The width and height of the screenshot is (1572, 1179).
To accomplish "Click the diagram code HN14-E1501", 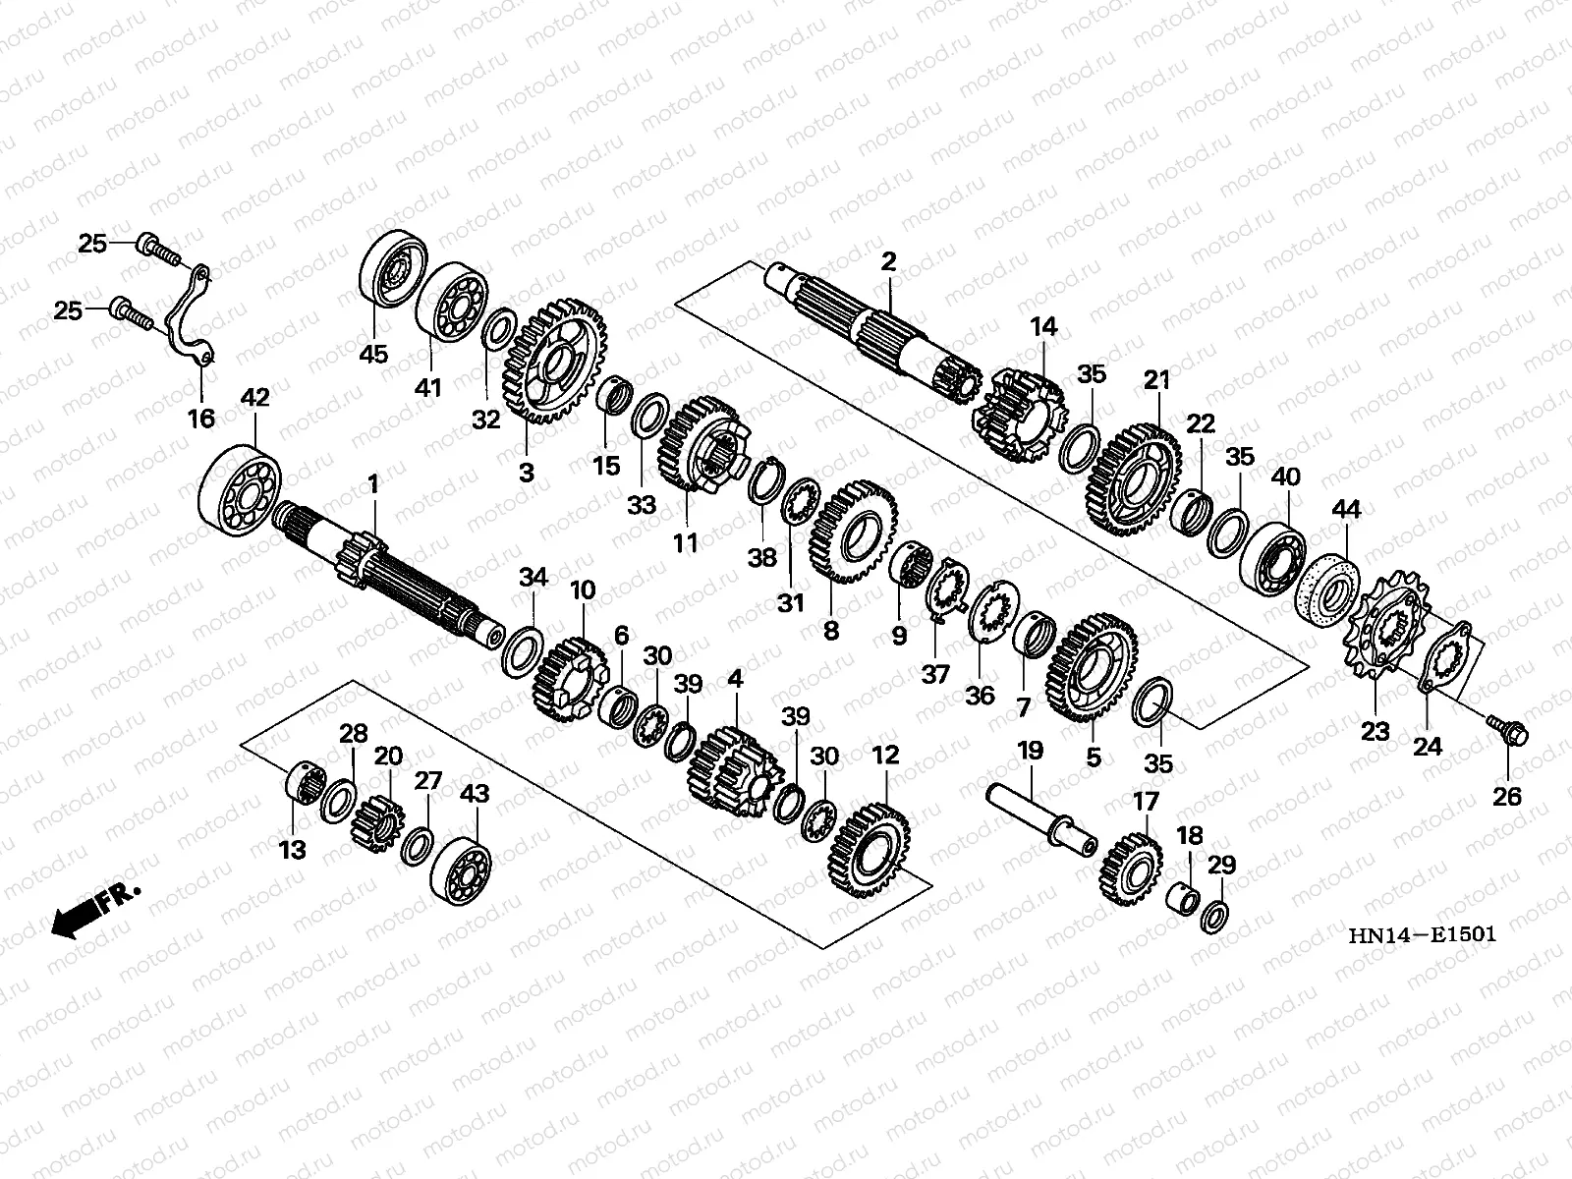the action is point(1423,935).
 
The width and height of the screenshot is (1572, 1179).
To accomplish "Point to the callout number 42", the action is point(254,397).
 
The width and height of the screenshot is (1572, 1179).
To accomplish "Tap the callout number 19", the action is point(1030,751).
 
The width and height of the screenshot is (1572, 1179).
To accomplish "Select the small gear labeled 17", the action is point(1130,869).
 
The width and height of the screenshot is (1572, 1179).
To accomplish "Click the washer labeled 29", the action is point(1214,918).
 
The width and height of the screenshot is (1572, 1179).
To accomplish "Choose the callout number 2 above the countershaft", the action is point(888,261).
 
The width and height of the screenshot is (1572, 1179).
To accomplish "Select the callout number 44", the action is point(1346,509).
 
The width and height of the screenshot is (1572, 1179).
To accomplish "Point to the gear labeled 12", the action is point(870,851).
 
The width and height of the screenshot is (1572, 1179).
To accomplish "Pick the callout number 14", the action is point(1043,327).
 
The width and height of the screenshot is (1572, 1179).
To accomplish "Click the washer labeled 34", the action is point(522,651).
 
